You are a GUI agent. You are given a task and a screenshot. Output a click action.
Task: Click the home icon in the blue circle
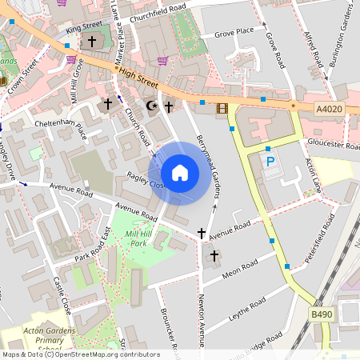click(x=180, y=173)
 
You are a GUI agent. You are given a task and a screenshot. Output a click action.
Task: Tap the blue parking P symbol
click(x=270, y=162)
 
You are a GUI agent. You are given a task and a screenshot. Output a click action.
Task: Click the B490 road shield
click(x=322, y=315)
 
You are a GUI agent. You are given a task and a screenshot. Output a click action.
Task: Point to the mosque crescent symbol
click(x=152, y=106)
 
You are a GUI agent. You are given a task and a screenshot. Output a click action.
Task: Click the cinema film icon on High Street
click(x=222, y=108)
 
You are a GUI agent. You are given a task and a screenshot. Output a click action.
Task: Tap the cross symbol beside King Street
click(x=92, y=41)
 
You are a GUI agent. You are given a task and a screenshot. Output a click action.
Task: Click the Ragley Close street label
click(x=145, y=180)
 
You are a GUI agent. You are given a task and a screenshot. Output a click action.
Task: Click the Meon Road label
click(x=239, y=270)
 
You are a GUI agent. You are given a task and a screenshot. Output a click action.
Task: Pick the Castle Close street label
click(x=62, y=295)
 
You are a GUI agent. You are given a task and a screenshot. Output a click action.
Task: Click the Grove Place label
click(x=234, y=32)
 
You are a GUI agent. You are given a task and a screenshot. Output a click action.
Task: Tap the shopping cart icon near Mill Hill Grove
click(x=72, y=59)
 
